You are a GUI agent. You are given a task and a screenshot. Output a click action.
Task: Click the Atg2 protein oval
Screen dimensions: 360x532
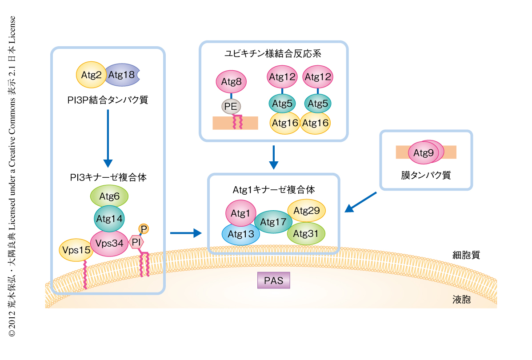pyautogui.click(x=91, y=75)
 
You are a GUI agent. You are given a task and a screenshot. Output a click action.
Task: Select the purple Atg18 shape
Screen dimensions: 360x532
pyautogui.click(x=122, y=75)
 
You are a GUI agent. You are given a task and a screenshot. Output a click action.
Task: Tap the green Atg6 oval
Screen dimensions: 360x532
pyautogui.click(x=109, y=196)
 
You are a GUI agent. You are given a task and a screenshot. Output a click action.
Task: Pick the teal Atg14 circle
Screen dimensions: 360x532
pyautogui.click(x=109, y=218)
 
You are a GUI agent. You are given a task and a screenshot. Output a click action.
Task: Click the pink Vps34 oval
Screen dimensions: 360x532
pyautogui.click(x=109, y=243)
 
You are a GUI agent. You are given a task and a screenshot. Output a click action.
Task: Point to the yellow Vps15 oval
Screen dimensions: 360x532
pyautogui.click(x=76, y=250)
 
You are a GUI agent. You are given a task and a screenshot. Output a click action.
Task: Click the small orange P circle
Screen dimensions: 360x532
pyautogui.click(x=144, y=228)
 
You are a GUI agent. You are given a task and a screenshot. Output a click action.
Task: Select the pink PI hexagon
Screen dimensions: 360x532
pyautogui.click(x=136, y=242)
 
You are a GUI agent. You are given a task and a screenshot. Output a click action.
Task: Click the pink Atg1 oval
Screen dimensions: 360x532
pyautogui.click(x=241, y=213)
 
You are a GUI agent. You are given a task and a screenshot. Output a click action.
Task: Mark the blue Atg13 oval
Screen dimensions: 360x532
pyautogui.click(x=240, y=234)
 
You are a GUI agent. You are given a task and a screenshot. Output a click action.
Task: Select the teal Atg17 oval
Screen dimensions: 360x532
pyautogui.click(x=272, y=223)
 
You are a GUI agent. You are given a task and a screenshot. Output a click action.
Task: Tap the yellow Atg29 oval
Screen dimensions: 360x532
pyautogui.click(x=307, y=211)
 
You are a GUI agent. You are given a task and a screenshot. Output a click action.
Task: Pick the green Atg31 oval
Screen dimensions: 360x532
pyautogui.click(x=307, y=233)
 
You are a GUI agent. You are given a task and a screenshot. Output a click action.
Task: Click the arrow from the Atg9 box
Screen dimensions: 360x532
pyautogui.click(x=360, y=202)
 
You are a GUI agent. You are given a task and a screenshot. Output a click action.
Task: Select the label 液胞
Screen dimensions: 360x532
pyautogui.click(x=461, y=300)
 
